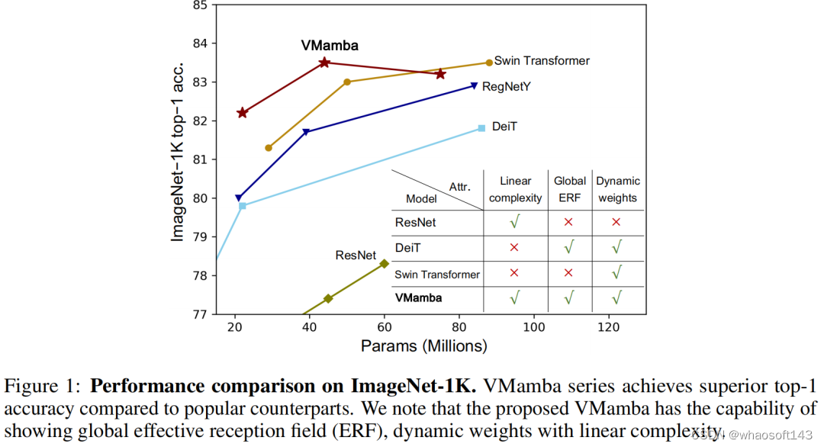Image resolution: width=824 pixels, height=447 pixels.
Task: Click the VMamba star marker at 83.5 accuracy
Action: tap(324, 63)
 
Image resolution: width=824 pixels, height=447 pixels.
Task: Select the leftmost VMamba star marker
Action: tap(243, 113)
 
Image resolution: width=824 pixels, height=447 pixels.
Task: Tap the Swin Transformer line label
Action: tap(542, 61)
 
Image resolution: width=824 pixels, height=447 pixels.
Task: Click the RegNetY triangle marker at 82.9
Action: tap(474, 86)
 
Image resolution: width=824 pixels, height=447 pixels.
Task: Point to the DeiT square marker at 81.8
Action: tap(481, 128)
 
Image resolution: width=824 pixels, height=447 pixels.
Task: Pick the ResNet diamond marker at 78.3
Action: tap(384, 264)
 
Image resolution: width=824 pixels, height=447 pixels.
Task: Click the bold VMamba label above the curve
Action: tap(330, 46)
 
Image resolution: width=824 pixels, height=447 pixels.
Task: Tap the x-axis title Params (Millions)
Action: tap(423, 346)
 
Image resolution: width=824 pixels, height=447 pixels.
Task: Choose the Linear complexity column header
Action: tap(515, 189)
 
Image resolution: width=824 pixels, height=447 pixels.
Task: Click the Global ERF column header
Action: tap(570, 189)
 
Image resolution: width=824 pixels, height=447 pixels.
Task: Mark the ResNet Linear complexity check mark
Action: tap(515, 223)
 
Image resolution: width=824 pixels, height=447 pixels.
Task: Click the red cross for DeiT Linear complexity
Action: tap(514, 248)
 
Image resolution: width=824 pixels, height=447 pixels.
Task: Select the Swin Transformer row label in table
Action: tap(437, 275)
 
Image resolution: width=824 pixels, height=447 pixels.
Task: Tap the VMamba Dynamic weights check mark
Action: tap(616, 297)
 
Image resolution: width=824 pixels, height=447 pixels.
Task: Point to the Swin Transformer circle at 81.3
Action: tap(269, 148)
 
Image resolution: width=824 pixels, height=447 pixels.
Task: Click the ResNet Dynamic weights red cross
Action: tap(616, 222)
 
